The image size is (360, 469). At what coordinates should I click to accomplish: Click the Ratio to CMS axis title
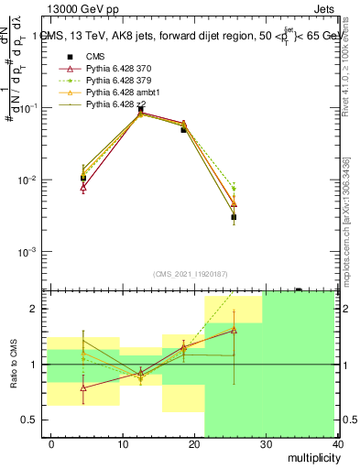[14, 365]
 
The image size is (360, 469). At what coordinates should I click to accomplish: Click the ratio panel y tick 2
[34, 310]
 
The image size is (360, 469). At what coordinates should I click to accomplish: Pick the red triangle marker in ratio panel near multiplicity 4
[83, 387]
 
